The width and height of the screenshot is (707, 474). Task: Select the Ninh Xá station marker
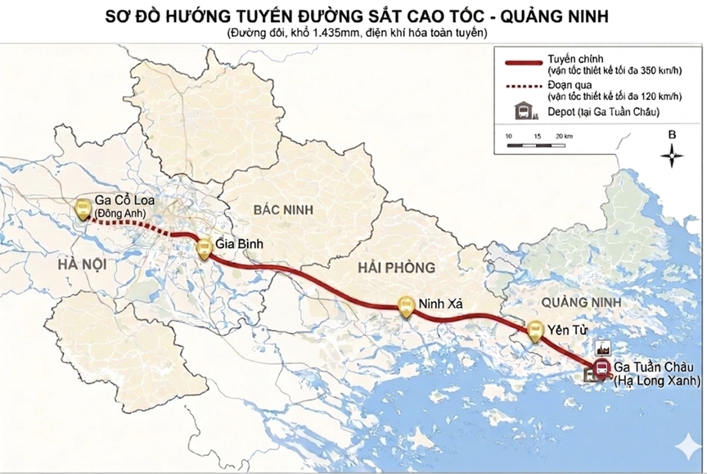pyautogui.click(x=405, y=307)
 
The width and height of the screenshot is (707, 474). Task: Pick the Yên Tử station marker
pyautogui.click(x=536, y=332)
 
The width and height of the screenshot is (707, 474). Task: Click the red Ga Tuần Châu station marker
pyautogui.click(x=602, y=368)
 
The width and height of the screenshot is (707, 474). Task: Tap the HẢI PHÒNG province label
pyautogui.click(x=397, y=268)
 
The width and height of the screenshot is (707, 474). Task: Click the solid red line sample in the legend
pyautogui.click(x=522, y=61)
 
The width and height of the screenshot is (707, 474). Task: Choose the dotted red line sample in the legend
pyautogui.click(x=522, y=85)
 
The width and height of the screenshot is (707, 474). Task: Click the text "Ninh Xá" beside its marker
pyautogui.click(x=440, y=305)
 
